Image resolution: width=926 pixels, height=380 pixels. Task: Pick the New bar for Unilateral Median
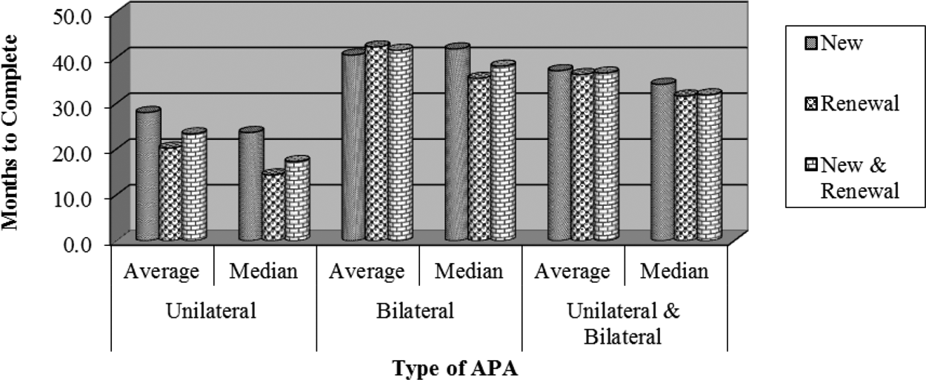click(251, 185)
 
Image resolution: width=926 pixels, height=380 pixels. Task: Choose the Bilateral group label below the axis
click(419, 310)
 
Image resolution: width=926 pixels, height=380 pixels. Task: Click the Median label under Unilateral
click(264, 271)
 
